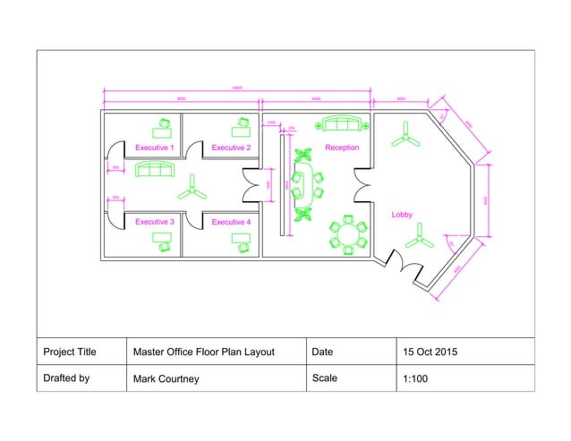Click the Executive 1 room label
click(x=154, y=147)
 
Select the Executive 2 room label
click(x=231, y=147)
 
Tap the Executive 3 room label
click(x=154, y=221)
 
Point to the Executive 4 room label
click(x=231, y=221)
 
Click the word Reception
click(x=342, y=147)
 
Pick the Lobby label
click(x=402, y=215)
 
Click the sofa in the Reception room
click(x=341, y=125)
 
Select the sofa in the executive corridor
click(x=156, y=170)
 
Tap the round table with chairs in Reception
click(x=347, y=233)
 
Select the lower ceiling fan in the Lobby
click(x=418, y=239)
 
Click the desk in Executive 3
click(x=162, y=240)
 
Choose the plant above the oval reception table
click(x=303, y=155)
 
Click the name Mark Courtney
click(x=166, y=379)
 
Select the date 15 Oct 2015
click(x=430, y=352)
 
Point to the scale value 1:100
click(x=416, y=378)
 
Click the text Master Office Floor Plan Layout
click(x=204, y=352)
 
